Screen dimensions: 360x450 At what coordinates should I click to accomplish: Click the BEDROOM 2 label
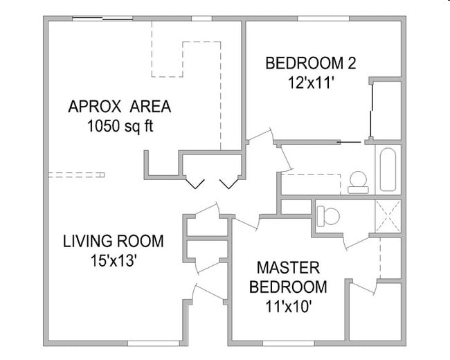coord(311,64)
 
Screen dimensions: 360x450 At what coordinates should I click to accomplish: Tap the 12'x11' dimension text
coord(311,82)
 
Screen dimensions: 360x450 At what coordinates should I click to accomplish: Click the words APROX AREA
coord(119,107)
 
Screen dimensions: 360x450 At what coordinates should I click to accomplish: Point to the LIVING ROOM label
coord(114,242)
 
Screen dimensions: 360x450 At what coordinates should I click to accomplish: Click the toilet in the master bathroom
coord(327,216)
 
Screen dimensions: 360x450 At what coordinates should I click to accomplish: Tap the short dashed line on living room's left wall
coord(75,173)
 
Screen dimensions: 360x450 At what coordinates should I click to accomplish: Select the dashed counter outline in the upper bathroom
coord(312,183)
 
